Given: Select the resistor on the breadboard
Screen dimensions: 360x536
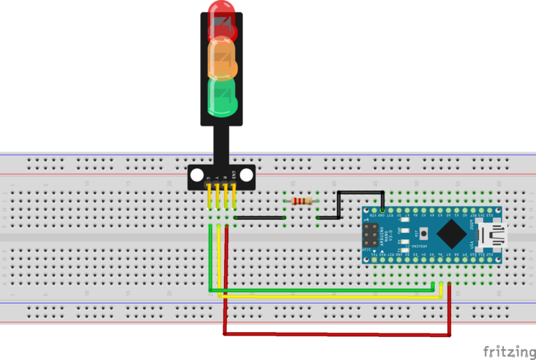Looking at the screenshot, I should coord(302,202).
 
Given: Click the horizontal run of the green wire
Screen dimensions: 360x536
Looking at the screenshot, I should coord(321,290).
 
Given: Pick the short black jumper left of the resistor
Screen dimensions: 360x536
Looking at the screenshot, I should coord(260,218).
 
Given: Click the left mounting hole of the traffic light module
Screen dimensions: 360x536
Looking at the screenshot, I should coord(197,174).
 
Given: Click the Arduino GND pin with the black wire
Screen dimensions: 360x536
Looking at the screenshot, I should coord(382,209).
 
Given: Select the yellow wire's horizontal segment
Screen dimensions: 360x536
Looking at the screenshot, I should coord(328,297).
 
